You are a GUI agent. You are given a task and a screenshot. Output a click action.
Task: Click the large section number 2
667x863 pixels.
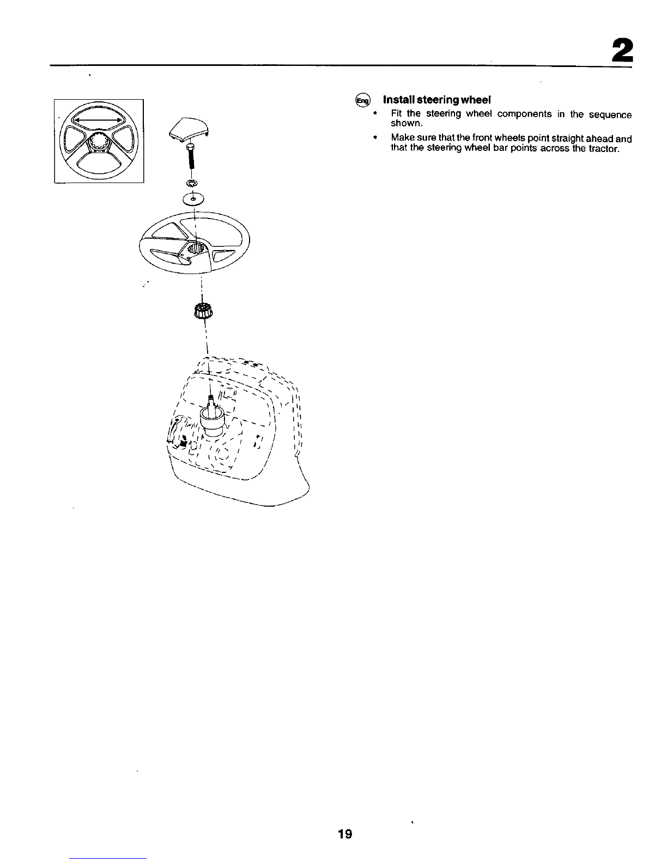pos(622,51)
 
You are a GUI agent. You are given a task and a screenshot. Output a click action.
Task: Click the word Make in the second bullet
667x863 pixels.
pos(401,139)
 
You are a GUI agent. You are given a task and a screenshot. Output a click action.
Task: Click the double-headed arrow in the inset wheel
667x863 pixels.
pos(99,120)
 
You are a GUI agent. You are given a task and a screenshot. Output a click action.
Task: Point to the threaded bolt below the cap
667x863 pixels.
pos(190,159)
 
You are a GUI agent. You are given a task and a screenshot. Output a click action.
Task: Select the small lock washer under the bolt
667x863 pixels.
pos(192,183)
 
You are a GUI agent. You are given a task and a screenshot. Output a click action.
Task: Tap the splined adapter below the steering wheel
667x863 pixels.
pos(203,311)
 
